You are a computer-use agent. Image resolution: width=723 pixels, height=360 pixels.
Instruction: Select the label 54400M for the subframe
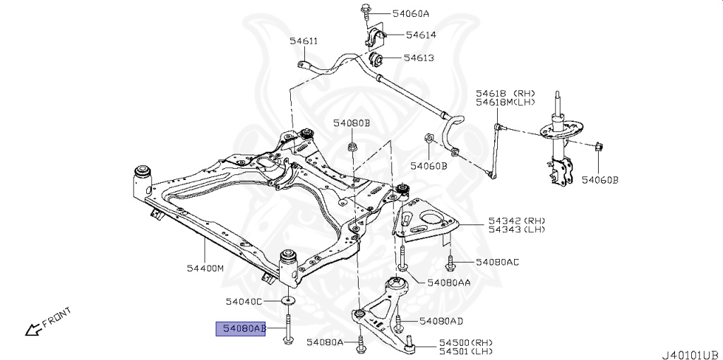pos(205,269)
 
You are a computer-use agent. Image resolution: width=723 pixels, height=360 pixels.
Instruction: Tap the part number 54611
pos(304,41)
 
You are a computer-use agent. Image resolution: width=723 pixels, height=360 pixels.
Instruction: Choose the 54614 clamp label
pos(419,35)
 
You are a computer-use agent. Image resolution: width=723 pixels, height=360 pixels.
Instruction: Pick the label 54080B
pos(352,124)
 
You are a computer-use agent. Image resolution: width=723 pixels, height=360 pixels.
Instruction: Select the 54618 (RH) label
pos(505,92)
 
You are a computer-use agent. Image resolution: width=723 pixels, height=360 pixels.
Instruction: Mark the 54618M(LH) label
pos(505,103)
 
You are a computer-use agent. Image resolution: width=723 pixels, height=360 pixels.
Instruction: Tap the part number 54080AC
pos(497,263)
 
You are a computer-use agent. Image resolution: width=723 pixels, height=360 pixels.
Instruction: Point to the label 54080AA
pos(448,282)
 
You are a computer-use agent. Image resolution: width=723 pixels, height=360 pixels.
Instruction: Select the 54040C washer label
pos(244,301)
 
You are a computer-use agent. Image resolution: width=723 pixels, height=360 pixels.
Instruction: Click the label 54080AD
pos(441,322)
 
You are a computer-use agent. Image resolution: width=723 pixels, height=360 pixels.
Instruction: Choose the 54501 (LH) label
pos(465,351)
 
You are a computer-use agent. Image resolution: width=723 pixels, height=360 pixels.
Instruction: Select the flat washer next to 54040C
pos(289,301)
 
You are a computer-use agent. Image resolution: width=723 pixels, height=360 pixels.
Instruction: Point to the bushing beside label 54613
pos(376,57)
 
